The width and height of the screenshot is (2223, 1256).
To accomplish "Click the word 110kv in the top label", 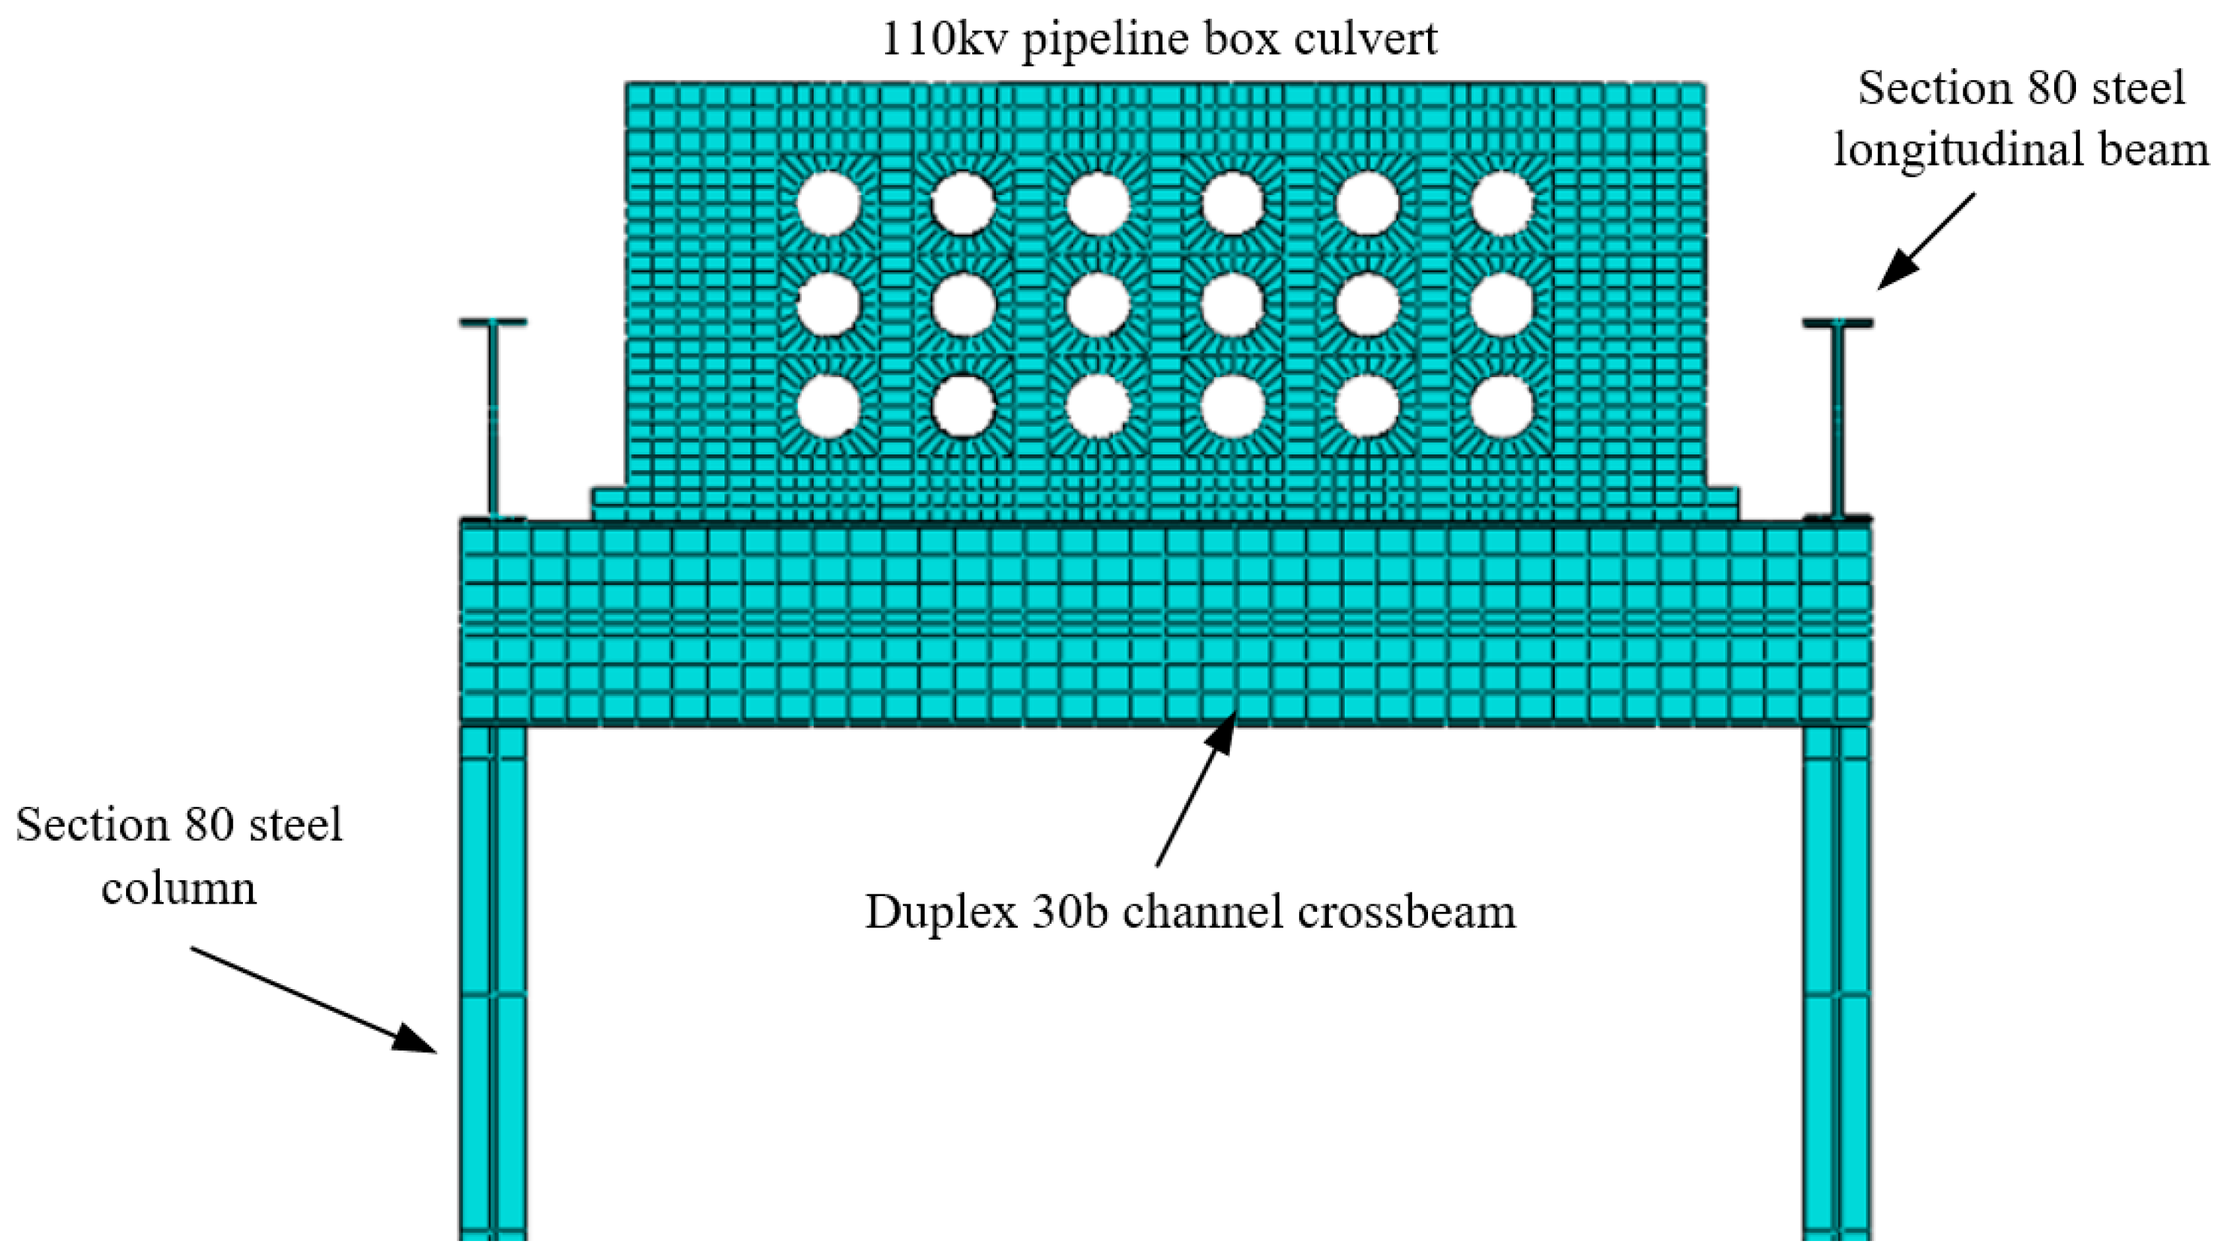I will (x=945, y=39).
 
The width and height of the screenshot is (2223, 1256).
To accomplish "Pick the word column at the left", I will (x=179, y=887).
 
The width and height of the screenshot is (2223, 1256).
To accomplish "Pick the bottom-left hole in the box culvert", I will (x=829, y=406).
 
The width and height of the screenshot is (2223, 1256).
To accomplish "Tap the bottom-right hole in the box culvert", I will (x=1502, y=406).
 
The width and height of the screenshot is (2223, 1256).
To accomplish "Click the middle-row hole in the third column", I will (x=1099, y=304).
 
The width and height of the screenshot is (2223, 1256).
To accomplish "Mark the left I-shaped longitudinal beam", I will (x=493, y=418).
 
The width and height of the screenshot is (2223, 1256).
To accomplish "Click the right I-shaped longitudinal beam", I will (x=1837, y=418).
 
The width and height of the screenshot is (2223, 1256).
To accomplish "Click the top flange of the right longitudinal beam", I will (x=1837, y=322).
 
